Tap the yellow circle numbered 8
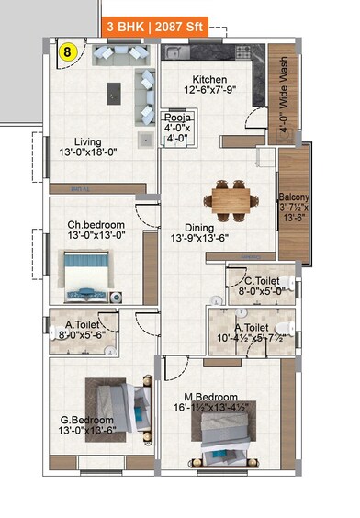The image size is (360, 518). tap(67, 52)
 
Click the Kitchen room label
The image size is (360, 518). tap(209, 79)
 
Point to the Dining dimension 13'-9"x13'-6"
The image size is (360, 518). tap(193, 238)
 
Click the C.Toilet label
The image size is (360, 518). tap(260, 281)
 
